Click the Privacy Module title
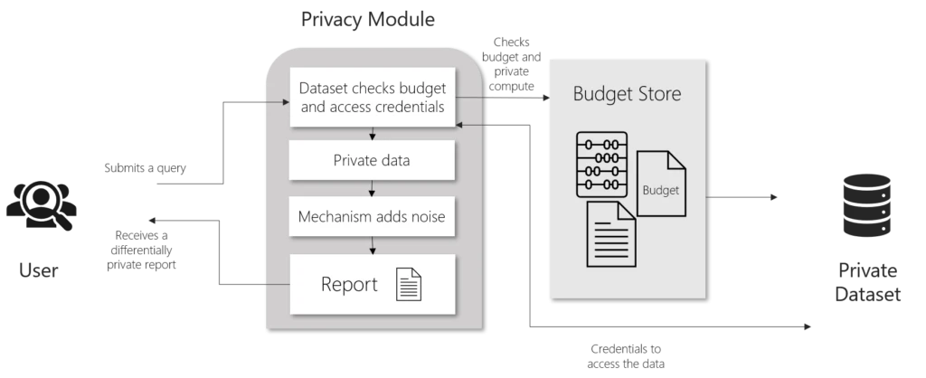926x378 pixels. coord(367,19)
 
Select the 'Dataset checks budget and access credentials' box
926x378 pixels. coord(372,97)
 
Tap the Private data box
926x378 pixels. coord(372,160)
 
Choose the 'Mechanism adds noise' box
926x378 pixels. coord(372,216)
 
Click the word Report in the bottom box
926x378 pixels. coord(349,284)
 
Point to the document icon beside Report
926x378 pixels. coord(409,284)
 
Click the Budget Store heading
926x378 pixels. coord(628,94)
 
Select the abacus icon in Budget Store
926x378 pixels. coord(601,165)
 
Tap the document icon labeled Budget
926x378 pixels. coord(661,184)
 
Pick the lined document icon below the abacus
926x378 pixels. coord(610,234)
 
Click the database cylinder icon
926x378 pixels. coord(867,205)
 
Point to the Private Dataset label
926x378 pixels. coord(867,282)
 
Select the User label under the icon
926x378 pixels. coord(38,270)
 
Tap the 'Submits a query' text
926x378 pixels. coord(146,167)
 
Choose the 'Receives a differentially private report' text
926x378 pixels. coord(142,250)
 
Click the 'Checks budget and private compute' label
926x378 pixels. coord(512,64)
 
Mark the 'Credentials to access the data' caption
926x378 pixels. coord(626,356)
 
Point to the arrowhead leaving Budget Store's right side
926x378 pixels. coord(774,197)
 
